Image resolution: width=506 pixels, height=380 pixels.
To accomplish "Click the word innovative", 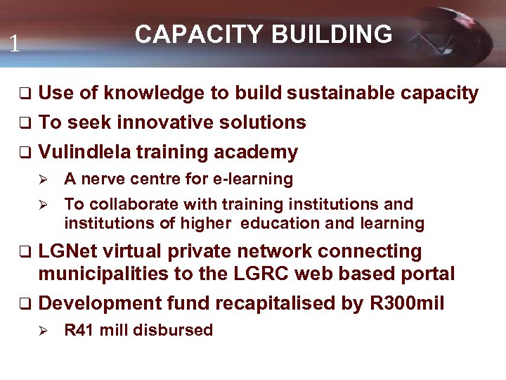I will [166, 122].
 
